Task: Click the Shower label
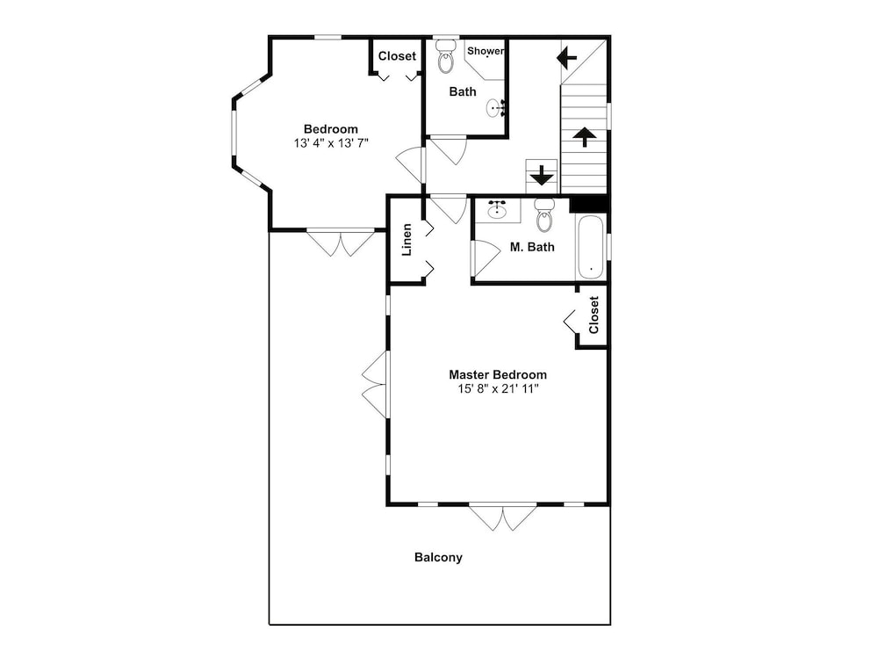[486, 51]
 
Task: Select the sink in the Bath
[496, 107]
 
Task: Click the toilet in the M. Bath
[544, 214]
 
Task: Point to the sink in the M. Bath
[497, 209]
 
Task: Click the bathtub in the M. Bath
[591, 248]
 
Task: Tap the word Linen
[407, 240]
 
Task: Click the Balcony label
[438, 558]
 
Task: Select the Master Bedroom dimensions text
[498, 389]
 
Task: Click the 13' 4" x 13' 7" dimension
[331, 143]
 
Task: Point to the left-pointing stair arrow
[566, 57]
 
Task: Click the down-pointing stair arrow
[542, 175]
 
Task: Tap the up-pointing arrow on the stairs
[584, 137]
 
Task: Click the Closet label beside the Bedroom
[397, 56]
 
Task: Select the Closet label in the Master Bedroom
[594, 315]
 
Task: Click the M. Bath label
[532, 247]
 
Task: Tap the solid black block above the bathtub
[588, 204]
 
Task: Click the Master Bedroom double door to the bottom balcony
[503, 518]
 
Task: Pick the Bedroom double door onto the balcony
[341, 243]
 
